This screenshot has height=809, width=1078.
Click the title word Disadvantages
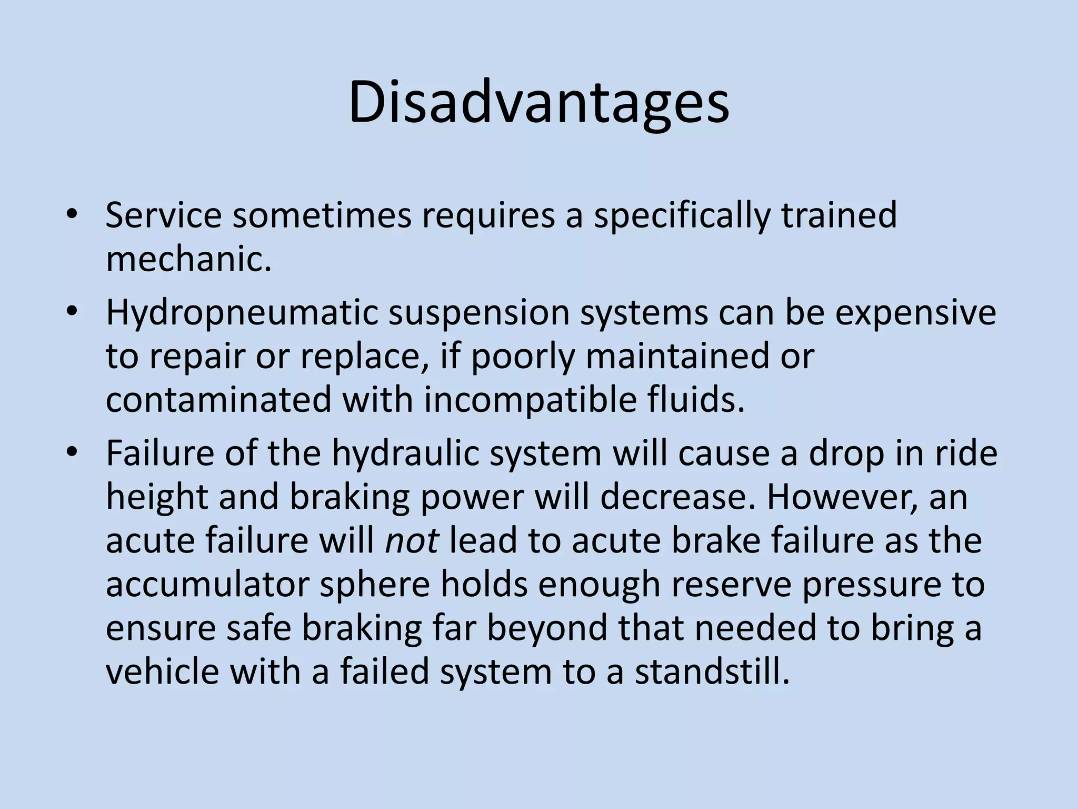coord(538,103)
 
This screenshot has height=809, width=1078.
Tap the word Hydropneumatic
coord(242,312)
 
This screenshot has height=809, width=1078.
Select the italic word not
coord(412,540)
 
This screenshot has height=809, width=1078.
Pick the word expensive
coord(916,312)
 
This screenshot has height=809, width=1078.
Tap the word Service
coord(164,216)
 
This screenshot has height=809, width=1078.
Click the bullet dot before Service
coord(72,215)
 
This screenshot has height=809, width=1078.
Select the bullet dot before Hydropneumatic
coord(72,311)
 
